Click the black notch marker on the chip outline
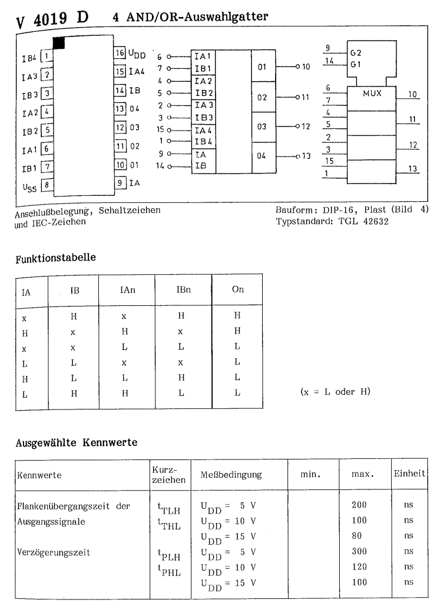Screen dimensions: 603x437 click(x=59, y=42)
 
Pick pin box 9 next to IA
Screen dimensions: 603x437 click(x=119, y=183)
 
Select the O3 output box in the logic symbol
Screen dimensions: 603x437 click(x=263, y=126)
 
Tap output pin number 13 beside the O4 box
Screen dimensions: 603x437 click(x=305, y=156)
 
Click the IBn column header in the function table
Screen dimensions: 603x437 click(x=183, y=291)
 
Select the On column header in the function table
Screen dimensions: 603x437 click(x=237, y=291)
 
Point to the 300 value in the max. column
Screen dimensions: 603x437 click(x=359, y=551)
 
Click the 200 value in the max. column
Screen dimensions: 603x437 click(x=359, y=505)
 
